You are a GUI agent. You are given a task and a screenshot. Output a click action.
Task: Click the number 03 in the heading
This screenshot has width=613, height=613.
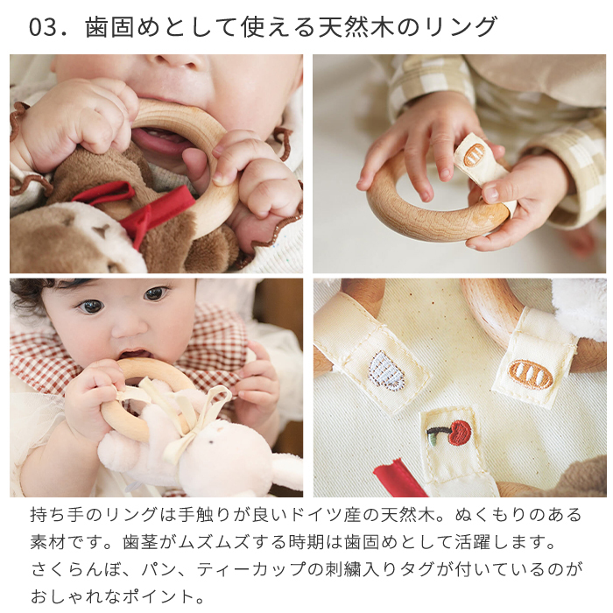[43, 27]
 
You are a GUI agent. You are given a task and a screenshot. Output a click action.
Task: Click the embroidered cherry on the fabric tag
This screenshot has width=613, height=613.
[449, 433]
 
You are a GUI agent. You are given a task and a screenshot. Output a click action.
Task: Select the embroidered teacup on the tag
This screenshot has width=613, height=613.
[387, 371]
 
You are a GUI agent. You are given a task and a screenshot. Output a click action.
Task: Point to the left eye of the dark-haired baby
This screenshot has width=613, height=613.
[91, 306]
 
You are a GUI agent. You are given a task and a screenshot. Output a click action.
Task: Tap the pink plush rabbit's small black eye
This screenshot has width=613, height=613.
[211, 442]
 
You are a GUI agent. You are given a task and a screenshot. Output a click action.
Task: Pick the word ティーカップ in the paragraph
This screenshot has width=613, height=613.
[251, 569]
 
